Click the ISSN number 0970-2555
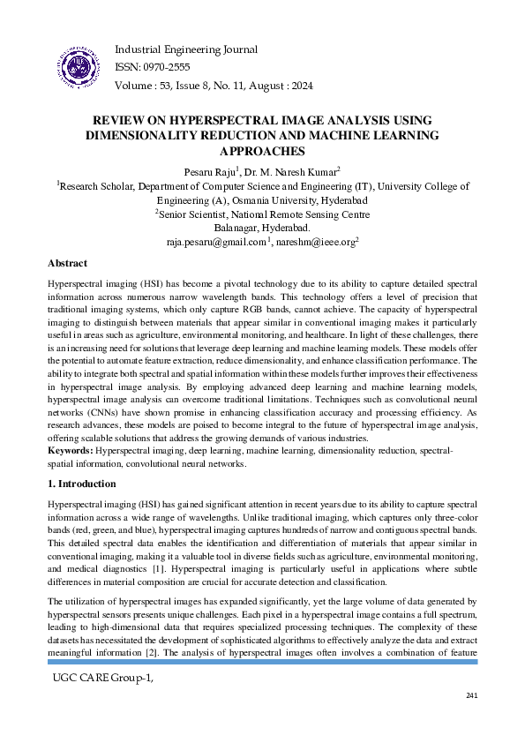[168, 66]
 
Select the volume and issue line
[214, 86]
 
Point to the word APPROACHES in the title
[262, 151]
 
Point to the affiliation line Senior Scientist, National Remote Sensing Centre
[263, 214]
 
